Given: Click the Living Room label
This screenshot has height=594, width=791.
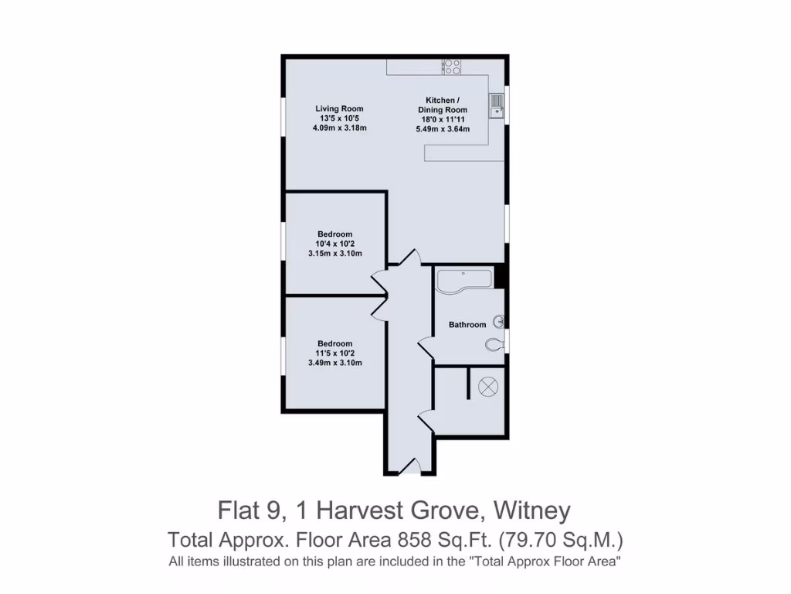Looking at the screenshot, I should (338, 109).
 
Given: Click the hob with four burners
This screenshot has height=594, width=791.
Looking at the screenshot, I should (451, 67).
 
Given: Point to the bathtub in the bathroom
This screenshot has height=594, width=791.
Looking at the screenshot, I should (463, 281).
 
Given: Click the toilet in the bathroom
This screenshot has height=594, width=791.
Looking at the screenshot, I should (494, 344).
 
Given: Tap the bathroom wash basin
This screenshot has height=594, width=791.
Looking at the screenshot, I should (499, 320).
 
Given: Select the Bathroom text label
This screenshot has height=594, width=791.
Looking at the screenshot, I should (467, 325).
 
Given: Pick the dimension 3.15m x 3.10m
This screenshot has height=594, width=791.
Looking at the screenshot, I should (335, 254).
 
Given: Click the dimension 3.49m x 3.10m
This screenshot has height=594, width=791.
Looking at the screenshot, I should (335, 363).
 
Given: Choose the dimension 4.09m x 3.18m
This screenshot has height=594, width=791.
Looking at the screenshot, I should (339, 128).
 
